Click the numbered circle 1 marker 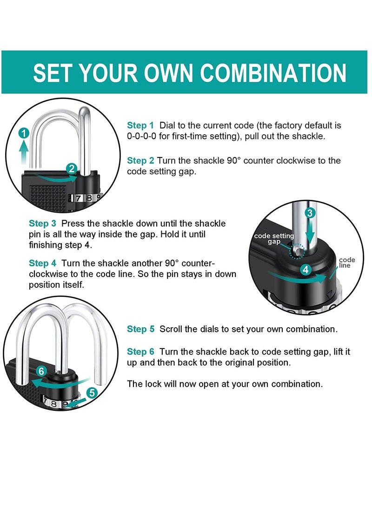click(x=24, y=133)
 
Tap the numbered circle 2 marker click(x=72, y=168)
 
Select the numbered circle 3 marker click(x=310, y=213)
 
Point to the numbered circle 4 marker click(x=306, y=270)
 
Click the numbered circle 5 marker click(x=92, y=393)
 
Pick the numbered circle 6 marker click(x=41, y=371)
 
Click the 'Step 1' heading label click(x=140, y=125)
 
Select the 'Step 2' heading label click(x=140, y=161)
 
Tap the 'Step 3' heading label click(x=42, y=224)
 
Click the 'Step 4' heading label click(x=42, y=263)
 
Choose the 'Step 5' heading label click(x=141, y=329)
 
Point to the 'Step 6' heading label click(x=141, y=352)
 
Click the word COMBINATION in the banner click(x=273, y=72)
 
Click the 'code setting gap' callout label click(x=274, y=238)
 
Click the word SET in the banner click(x=53, y=72)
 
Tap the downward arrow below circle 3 click(x=310, y=233)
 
